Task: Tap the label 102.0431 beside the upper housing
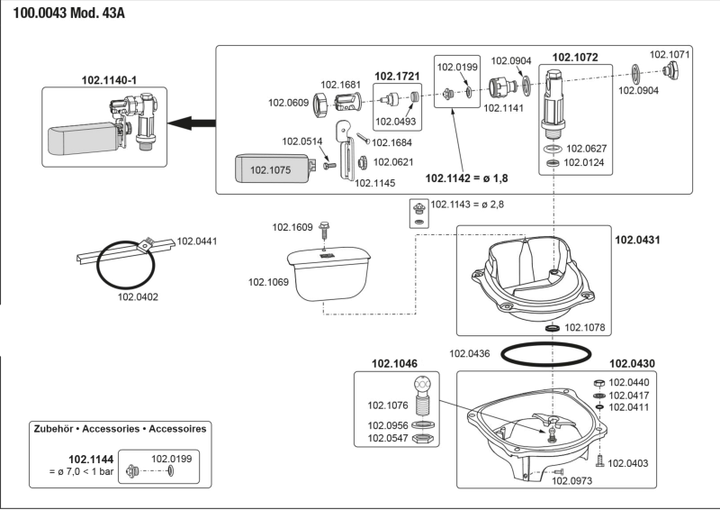(635, 241)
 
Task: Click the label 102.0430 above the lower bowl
(632, 364)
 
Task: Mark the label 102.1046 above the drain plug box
(394, 364)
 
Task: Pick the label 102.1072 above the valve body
(574, 58)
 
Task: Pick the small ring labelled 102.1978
(546, 329)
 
